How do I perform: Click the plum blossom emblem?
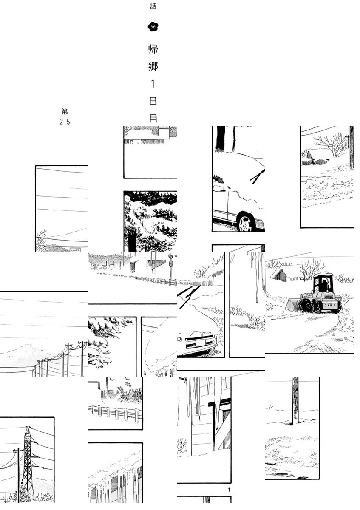pos(153,27)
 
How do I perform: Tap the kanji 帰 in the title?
pos(153,49)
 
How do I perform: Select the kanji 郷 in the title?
pos(153,66)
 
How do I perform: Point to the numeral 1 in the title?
pos(153,84)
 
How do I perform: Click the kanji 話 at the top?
pos(153,6)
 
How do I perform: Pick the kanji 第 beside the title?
pos(65,111)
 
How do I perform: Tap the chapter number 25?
pos(65,122)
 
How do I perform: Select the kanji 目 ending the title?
pos(153,119)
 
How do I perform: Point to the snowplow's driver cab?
pos(323,283)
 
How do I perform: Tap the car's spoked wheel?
pos(246,221)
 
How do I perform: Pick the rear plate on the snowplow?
pos(327,305)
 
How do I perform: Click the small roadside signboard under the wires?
pos(75,249)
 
